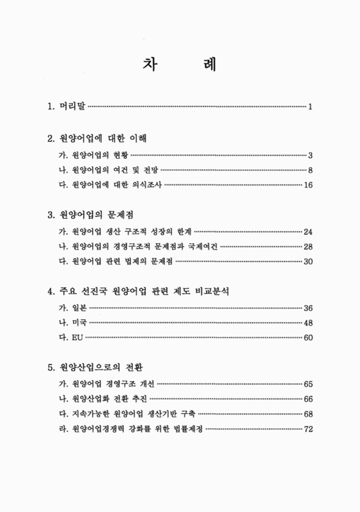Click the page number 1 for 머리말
pos(309,106)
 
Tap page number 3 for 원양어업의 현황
pos(309,156)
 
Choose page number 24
pos(307,231)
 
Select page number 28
pos(307,246)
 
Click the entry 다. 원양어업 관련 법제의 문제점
pos(115,262)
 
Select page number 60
pos(307,337)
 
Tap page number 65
pos(307,384)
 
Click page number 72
pos(307,429)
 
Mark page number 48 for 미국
pos(307,323)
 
